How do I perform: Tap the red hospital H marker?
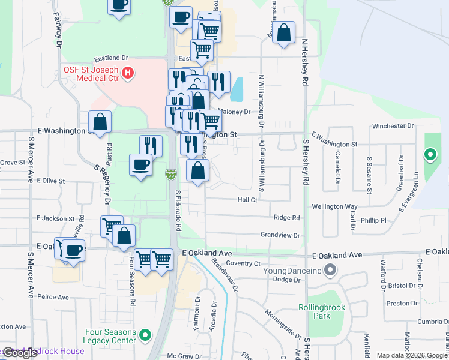127,73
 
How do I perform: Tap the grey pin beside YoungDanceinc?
329,271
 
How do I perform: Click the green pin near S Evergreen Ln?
430,155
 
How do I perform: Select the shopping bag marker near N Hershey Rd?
285,33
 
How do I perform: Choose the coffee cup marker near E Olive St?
141,164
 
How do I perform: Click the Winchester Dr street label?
393,126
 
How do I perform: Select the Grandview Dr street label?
280,236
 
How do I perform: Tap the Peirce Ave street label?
53,297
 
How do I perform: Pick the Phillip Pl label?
365,221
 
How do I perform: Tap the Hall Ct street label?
247,200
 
